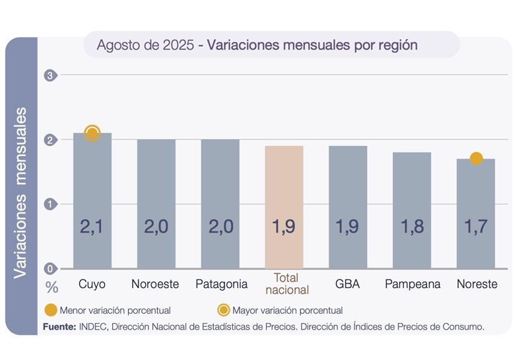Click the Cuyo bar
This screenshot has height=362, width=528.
coord(92,198)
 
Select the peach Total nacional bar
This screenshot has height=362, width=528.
coord(284,205)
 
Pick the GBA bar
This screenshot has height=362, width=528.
coord(348,205)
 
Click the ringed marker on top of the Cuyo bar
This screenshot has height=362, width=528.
coord(92,133)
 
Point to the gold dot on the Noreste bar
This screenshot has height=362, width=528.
coord(477,159)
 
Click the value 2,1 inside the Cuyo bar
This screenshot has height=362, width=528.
coord(92,227)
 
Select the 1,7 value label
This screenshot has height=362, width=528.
coord(477,227)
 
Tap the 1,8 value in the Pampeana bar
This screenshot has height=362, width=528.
coord(412,227)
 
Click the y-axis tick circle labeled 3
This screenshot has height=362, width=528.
coord(49,75)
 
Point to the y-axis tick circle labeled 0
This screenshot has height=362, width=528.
coord(49,268)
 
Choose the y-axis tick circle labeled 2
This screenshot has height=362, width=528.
coord(49,140)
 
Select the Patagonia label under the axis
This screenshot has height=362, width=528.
coord(222,284)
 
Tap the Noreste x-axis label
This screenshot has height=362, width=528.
coord(477,284)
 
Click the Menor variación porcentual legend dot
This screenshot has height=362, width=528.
coord(50,310)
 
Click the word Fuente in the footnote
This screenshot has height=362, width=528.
coord(59,326)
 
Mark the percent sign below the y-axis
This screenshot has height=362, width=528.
coord(51,287)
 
